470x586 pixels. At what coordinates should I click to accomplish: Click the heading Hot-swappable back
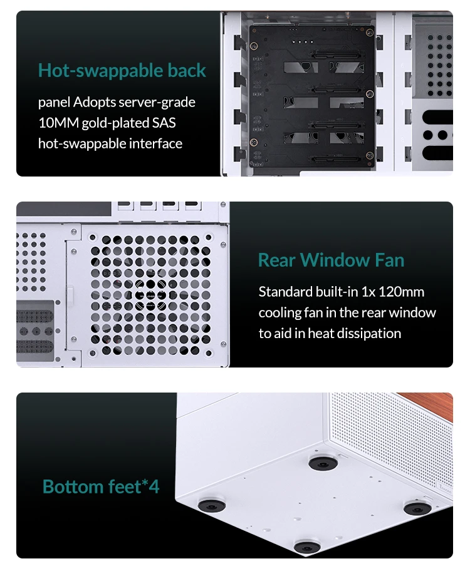122,70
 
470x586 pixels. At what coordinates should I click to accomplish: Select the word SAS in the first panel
164,123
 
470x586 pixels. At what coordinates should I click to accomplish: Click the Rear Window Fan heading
331,260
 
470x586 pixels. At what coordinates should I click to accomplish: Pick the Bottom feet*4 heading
101,486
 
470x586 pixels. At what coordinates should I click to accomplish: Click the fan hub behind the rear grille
150,296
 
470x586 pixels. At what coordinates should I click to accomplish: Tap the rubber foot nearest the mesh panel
323,463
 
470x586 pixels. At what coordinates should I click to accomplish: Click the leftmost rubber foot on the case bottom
212,505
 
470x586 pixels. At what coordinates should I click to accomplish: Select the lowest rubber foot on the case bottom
307,547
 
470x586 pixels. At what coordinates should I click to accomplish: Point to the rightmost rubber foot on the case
417,508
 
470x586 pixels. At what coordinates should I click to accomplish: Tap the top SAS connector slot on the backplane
336,55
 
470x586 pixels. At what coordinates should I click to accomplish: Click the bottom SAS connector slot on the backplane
336,160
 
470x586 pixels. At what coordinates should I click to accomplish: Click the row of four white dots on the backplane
302,41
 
